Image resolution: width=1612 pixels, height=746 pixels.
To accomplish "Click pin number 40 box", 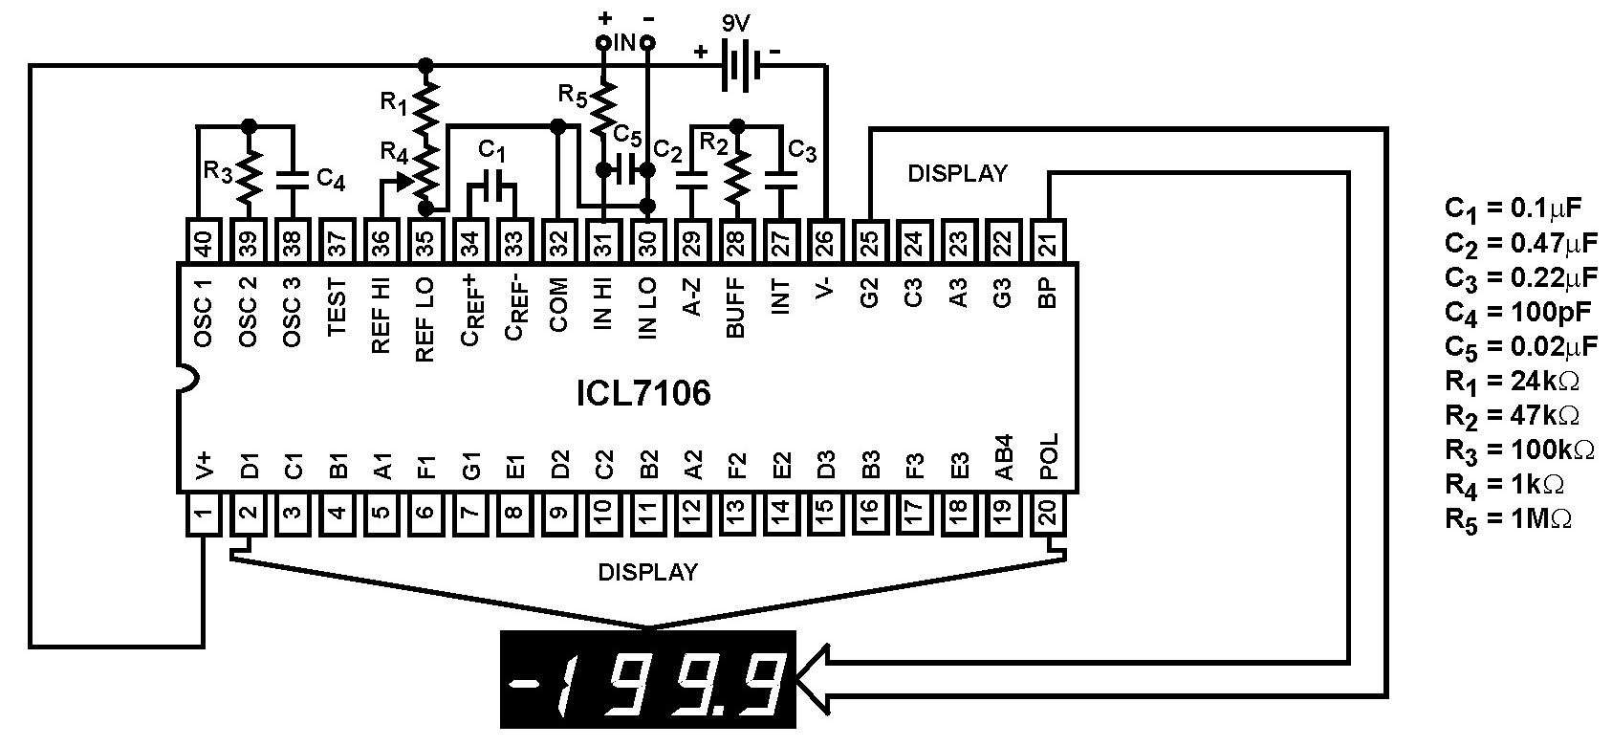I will (x=203, y=243).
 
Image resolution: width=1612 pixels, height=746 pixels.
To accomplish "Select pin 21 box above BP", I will (x=1048, y=243).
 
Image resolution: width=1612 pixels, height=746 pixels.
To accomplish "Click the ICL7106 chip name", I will (x=643, y=393).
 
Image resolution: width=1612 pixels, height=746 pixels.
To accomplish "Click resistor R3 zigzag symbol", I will (x=249, y=173).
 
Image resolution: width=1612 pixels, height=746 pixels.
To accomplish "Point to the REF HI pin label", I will (x=381, y=317).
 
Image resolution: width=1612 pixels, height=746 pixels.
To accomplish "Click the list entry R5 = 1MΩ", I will (x=1508, y=519).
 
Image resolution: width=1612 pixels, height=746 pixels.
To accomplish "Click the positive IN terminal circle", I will (x=603, y=43).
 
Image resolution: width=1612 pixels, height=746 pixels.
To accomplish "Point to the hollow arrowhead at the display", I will (x=813, y=676).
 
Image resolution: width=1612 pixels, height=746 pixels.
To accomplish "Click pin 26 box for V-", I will (x=825, y=243).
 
